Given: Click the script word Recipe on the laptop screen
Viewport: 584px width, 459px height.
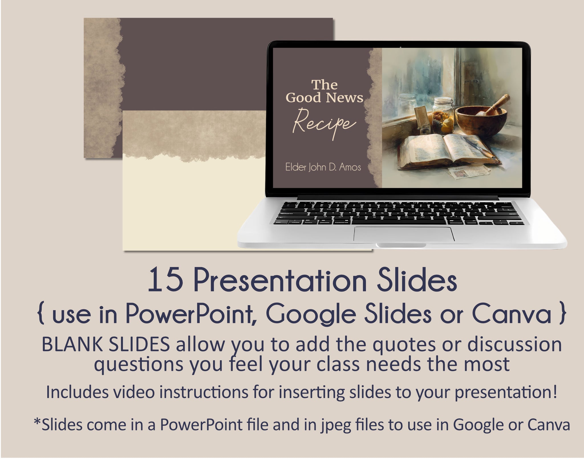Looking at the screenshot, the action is click(x=325, y=124).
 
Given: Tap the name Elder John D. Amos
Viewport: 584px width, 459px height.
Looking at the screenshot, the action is click(x=323, y=167).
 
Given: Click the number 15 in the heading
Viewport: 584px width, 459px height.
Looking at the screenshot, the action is click(x=166, y=280).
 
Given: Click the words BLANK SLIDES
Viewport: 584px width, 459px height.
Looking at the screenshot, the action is click(x=106, y=345).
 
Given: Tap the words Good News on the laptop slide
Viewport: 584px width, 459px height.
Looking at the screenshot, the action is click(x=325, y=98).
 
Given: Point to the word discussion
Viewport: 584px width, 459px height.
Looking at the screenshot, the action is click(x=514, y=345).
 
